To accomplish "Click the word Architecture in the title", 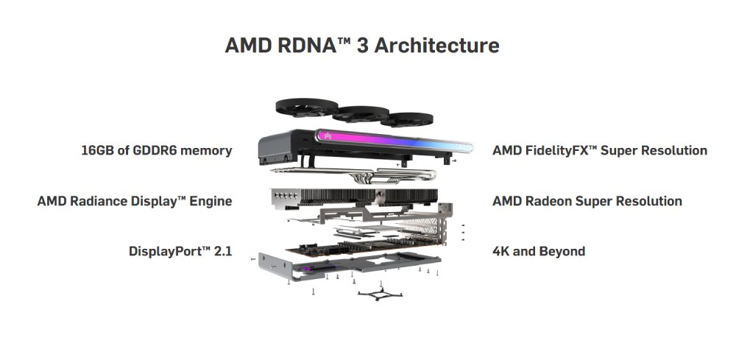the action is (x=437, y=46).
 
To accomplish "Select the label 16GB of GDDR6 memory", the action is (x=157, y=151).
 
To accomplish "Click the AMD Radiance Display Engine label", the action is (x=135, y=201).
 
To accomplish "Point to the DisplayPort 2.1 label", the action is (x=181, y=251).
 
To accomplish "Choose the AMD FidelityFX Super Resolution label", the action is (x=600, y=151).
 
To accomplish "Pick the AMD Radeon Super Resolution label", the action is (x=587, y=201).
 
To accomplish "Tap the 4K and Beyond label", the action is (x=539, y=251).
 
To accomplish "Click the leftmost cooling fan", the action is (x=307, y=107).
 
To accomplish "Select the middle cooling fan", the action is (x=361, y=114).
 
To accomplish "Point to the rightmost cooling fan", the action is (x=406, y=119).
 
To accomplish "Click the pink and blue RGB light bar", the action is (x=393, y=141).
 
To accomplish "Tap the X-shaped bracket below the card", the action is (x=380, y=294).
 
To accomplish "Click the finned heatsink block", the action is (x=355, y=197).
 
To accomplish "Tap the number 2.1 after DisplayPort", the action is (x=223, y=251).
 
